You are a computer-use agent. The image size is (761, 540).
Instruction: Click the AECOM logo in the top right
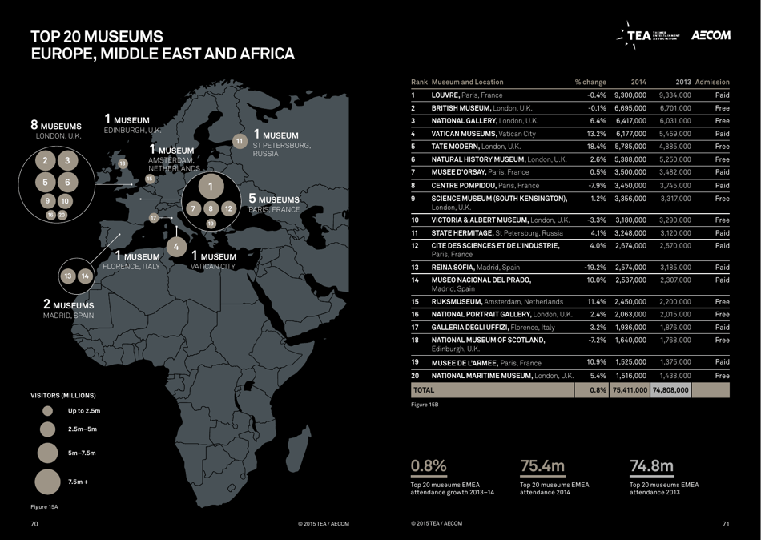[x=711, y=36]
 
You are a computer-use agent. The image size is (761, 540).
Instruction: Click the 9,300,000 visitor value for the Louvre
[x=630, y=95]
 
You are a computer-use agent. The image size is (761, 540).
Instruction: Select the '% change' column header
[x=590, y=82]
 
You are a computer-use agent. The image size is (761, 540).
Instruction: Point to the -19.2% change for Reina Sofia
[x=594, y=267]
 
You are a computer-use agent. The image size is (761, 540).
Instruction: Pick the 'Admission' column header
[x=712, y=82]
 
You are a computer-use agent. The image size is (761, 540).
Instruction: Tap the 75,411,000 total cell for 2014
[x=630, y=390]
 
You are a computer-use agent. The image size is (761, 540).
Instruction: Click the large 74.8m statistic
[x=652, y=465]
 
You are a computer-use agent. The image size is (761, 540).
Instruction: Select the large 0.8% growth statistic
[x=429, y=465]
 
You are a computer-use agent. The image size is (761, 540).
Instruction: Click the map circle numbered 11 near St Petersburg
[x=240, y=141]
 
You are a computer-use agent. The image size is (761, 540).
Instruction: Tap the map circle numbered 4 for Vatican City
[x=176, y=245]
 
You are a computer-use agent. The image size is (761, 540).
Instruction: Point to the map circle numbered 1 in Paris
[x=210, y=187]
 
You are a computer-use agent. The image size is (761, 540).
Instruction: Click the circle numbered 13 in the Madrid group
[x=67, y=276]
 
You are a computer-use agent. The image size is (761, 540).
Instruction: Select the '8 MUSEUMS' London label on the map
[x=56, y=126]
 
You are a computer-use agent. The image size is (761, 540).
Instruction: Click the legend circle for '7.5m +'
[x=48, y=482]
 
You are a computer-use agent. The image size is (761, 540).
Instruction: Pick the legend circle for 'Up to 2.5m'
[x=48, y=411]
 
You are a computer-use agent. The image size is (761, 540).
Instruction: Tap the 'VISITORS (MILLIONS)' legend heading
[x=63, y=396]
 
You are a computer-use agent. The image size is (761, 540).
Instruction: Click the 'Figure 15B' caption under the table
[x=425, y=405]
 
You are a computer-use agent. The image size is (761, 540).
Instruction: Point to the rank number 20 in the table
[x=415, y=375]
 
